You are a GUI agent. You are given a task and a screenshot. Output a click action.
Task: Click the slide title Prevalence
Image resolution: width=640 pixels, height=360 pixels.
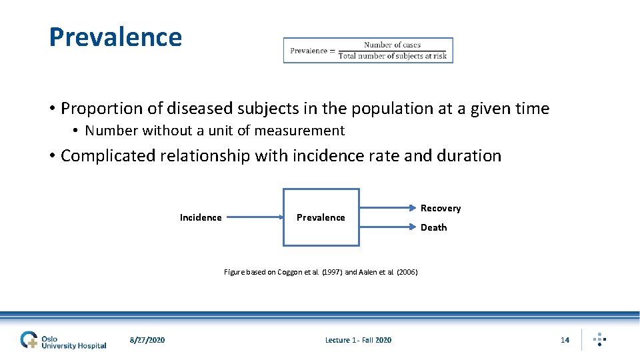[115, 37]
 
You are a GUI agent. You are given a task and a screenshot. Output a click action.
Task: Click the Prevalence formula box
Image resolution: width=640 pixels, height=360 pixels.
[368, 50]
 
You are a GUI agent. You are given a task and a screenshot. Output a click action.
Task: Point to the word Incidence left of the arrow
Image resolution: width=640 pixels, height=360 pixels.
[201, 217]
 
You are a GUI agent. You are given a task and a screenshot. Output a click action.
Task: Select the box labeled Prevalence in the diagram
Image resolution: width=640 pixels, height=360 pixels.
[321, 217]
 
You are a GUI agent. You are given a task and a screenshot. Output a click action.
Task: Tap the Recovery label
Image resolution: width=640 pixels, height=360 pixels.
[441, 208]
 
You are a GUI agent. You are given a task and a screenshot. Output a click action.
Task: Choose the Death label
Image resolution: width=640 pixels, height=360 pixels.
[433, 227]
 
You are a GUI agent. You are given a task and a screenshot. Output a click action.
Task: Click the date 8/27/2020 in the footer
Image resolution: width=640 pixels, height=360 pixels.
[147, 340]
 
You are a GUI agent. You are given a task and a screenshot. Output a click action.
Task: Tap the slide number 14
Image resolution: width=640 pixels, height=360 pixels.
[565, 340]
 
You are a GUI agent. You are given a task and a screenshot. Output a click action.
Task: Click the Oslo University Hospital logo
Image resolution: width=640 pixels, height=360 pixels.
[63, 340]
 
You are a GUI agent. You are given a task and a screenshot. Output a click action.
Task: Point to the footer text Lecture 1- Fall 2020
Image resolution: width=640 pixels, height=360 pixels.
[358, 340]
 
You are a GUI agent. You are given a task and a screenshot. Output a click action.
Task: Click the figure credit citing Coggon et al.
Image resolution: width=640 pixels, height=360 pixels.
[321, 272]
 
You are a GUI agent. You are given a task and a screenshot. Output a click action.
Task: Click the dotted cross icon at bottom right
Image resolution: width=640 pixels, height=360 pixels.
[600, 339]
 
